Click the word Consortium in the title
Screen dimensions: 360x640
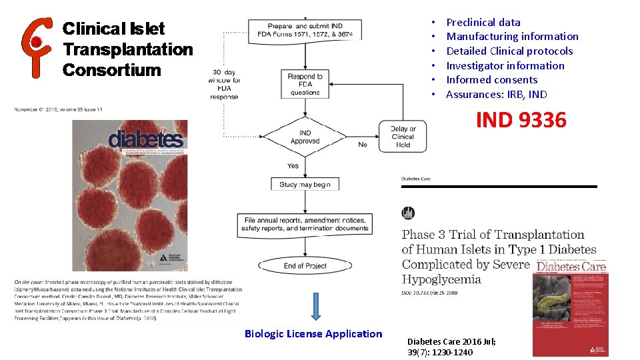(x=111, y=69)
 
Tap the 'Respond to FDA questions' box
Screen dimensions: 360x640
(x=305, y=85)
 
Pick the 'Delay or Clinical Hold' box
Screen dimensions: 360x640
(x=403, y=137)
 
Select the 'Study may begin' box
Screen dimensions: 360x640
(x=305, y=184)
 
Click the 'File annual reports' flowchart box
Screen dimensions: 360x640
(x=305, y=224)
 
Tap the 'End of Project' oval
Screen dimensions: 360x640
(x=305, y=265)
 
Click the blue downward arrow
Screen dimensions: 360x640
(x=316, y=306)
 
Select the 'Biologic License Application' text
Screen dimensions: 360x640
(x=313, y=334)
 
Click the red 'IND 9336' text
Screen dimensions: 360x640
(x=521, y=120)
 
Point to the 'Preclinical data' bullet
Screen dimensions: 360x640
(x=483, y=22)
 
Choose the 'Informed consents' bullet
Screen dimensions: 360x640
(x=491, y=79)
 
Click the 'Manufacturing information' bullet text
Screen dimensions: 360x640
(x=512, y=37)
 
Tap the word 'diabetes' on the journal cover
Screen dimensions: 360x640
(x=146, y=139)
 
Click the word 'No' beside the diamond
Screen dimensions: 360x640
(x=363, y=145)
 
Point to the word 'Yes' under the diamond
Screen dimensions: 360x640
(x=293, y=165)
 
